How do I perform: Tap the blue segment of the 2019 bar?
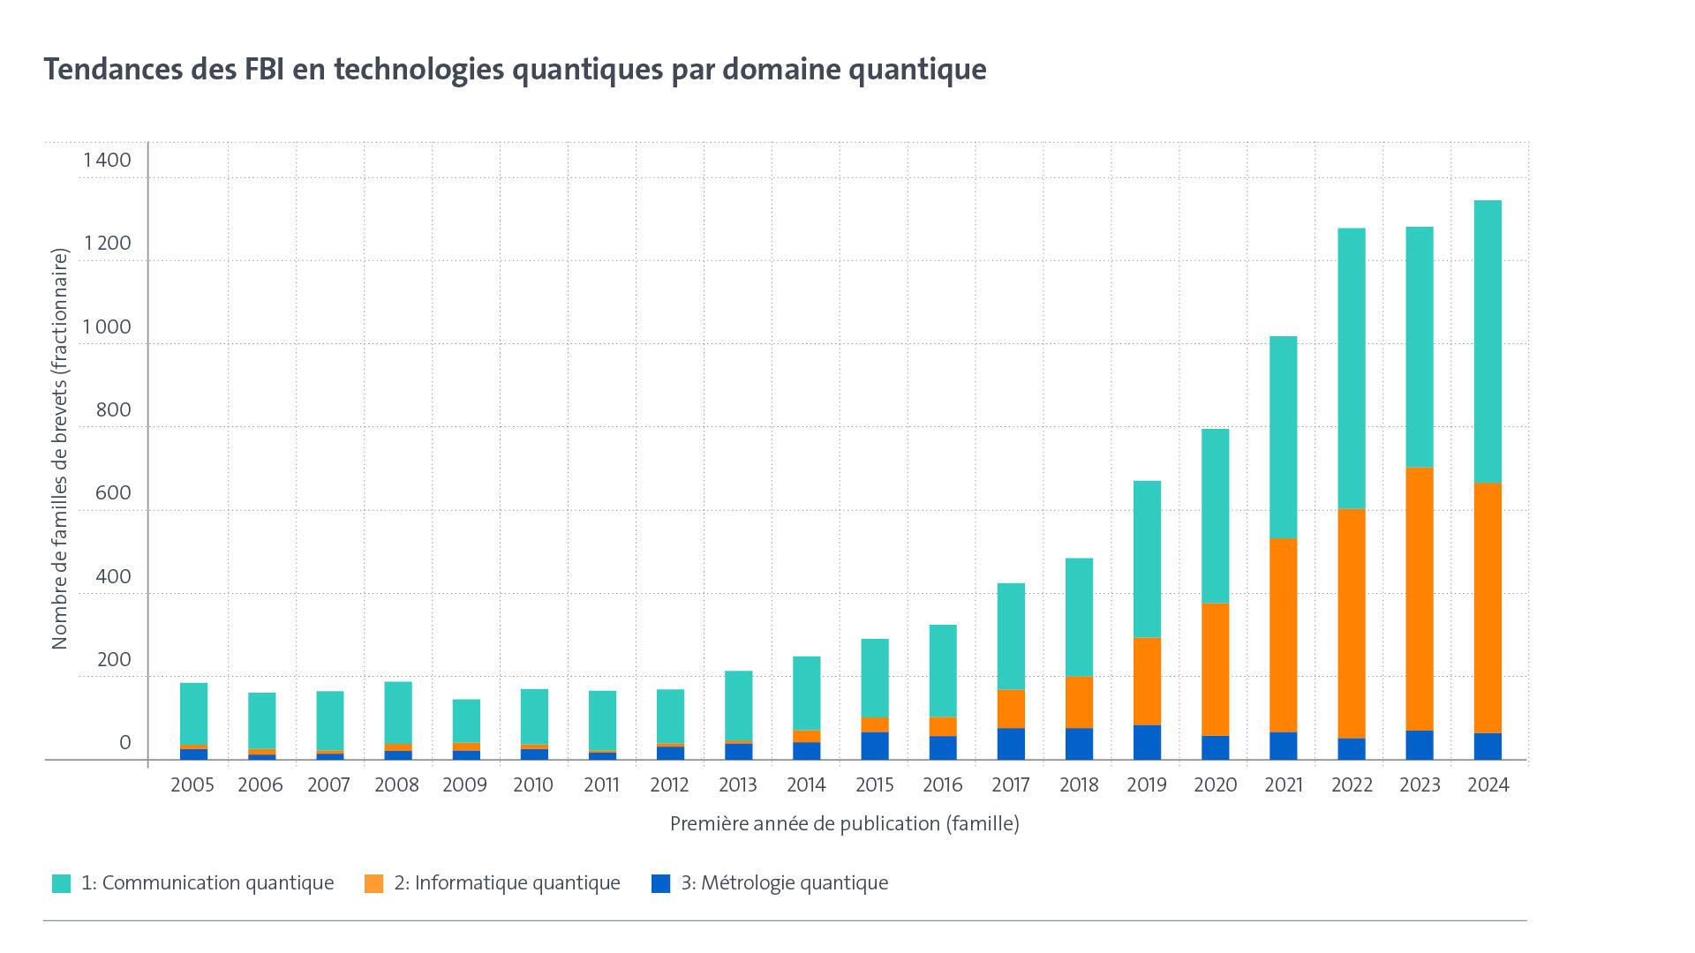(1147, 742)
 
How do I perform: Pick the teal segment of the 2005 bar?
(193, 713)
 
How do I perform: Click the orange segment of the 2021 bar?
(1284, 634)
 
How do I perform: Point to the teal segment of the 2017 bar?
(1011, 636)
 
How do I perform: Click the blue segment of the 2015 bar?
(875, 746)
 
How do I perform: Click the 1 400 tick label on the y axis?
(107, 160)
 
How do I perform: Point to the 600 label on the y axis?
(112, 492)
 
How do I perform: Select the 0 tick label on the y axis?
(124, 742)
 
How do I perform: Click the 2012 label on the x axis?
(669, 784)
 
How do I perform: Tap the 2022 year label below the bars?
(1352, 784)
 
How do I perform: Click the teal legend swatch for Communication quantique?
(61, 883)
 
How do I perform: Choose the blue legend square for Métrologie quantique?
(660, 883)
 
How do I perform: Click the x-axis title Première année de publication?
(844, 823)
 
